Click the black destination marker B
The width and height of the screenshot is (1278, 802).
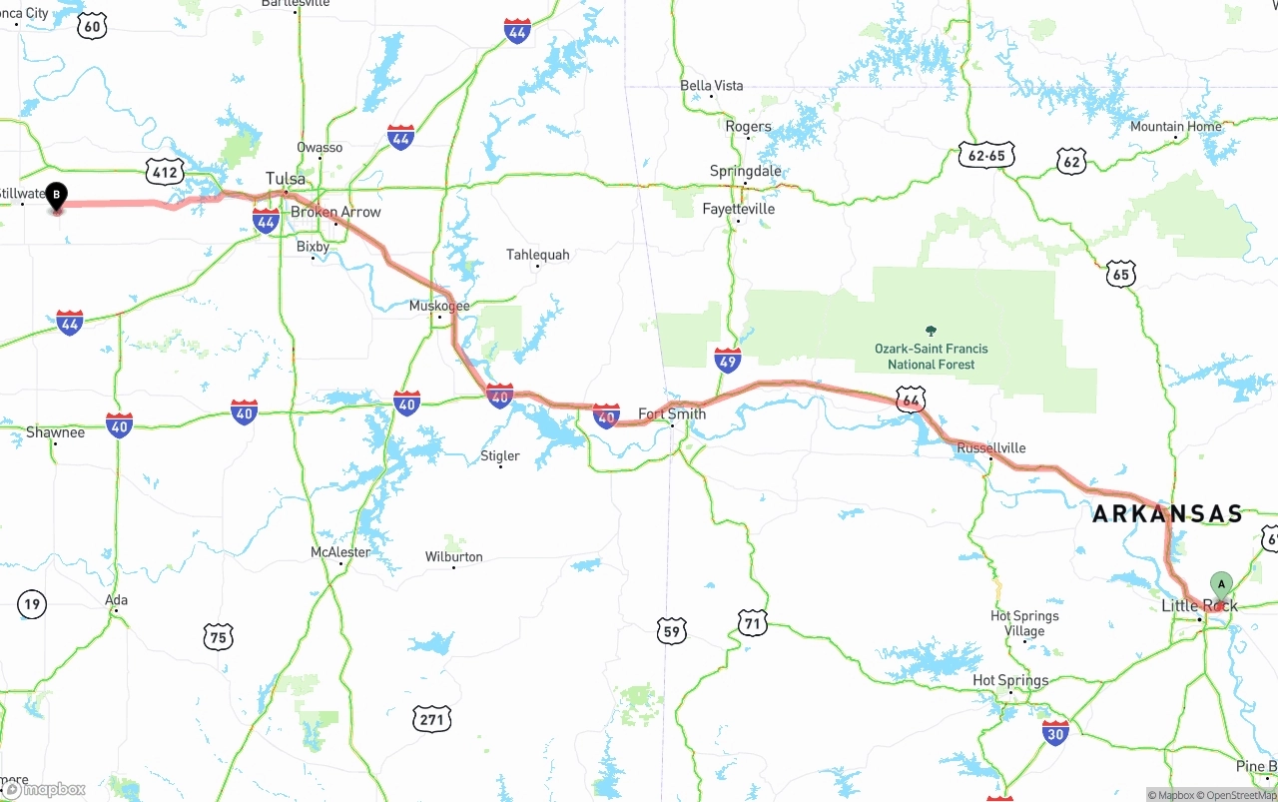pos(57,196)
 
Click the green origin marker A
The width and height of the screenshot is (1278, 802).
pos(1220,585)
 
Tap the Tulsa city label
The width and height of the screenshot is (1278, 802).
pos(286,179)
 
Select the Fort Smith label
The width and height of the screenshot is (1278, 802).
pos(672,413)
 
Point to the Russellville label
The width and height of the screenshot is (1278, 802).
pos(990,447)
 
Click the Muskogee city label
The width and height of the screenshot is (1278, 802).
pos(439,306)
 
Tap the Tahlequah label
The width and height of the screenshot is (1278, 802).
pos(537,255)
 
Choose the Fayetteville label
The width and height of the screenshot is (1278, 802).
pos(738,209)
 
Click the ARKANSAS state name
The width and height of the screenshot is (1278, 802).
pos(1166,514)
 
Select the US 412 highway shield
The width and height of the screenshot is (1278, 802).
pos(164,172)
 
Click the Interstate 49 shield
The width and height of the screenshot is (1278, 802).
pos(728,361)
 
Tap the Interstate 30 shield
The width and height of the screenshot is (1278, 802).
pos(1055,733)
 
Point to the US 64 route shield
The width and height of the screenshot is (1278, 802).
pos(910,401)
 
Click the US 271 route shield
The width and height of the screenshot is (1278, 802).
pos(432,718)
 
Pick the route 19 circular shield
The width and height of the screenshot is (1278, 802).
pos(32,603)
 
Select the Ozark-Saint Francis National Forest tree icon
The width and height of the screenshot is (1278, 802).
pos(931,331)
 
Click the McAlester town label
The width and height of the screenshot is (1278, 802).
pos(340,552)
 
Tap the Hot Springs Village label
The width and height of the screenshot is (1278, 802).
pos(1024,623)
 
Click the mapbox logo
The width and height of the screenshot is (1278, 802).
pos(45,789)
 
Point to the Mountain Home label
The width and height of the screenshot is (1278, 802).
pos(1175,127)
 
